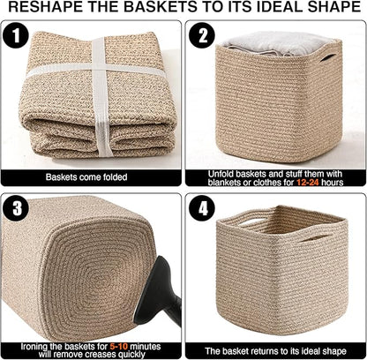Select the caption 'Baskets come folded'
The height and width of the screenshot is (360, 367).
click(x=92, y=176)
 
